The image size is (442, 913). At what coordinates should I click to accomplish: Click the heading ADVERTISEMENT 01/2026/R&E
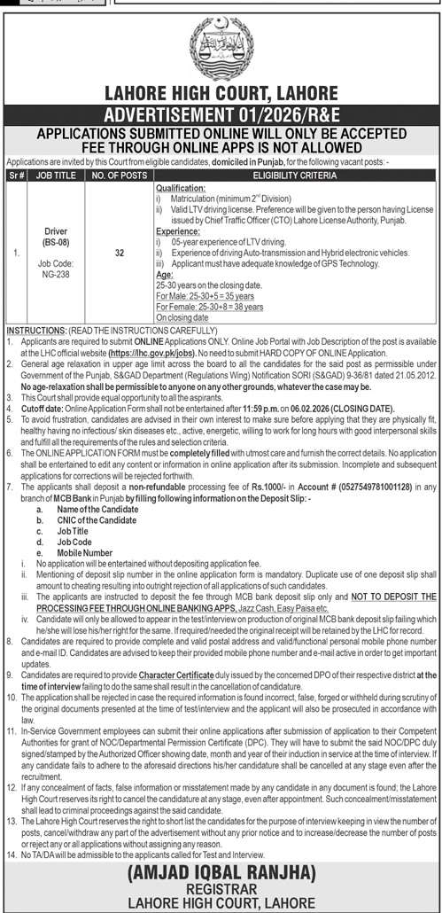tap(221, 113)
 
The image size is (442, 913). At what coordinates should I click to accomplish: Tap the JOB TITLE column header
tap(56, 176)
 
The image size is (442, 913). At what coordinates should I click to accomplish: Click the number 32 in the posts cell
tap(118, 252)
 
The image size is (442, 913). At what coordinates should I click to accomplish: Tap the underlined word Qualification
tap(181, 190)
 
